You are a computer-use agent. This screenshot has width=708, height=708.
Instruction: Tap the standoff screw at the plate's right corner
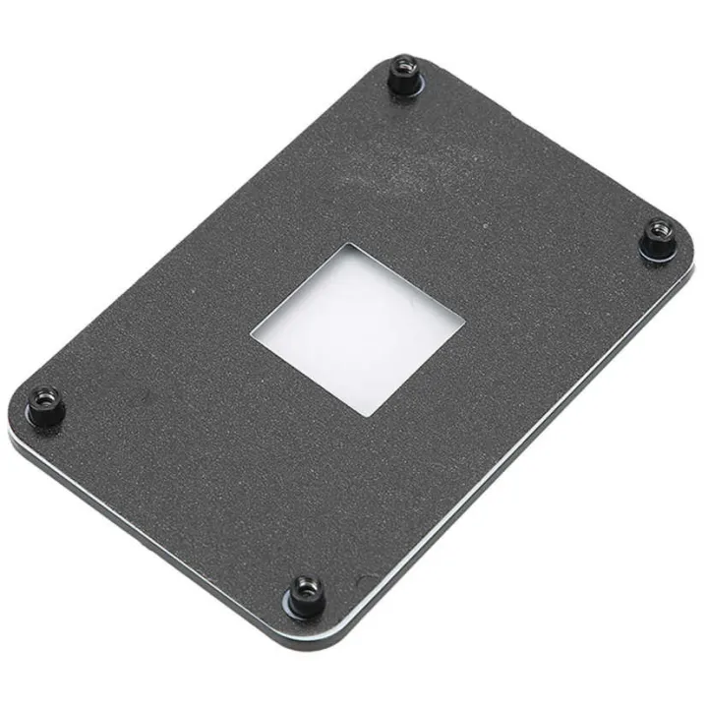coord(658,239)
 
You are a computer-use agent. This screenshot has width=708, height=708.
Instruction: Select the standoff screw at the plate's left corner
coord(44,404)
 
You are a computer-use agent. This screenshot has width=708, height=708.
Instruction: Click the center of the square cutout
coord(357,327)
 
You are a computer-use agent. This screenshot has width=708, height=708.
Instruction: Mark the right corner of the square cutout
coord(463,319)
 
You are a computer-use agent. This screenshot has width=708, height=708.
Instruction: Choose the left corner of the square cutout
coord(252,334)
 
